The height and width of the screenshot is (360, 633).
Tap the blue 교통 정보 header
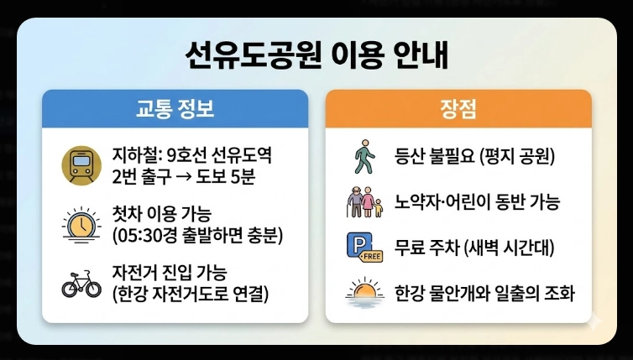pos(175,108)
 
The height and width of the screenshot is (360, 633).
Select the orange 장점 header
pos(458,108)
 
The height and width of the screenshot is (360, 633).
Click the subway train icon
pos(81,164)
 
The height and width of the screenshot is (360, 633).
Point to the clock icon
pos(81,224)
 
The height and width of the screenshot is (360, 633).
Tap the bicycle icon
pos(81,283)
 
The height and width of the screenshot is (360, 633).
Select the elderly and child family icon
pos(364,202)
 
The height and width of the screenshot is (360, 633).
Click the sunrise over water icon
pos(364,293)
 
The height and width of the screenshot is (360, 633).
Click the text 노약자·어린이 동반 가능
pos(477,202)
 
